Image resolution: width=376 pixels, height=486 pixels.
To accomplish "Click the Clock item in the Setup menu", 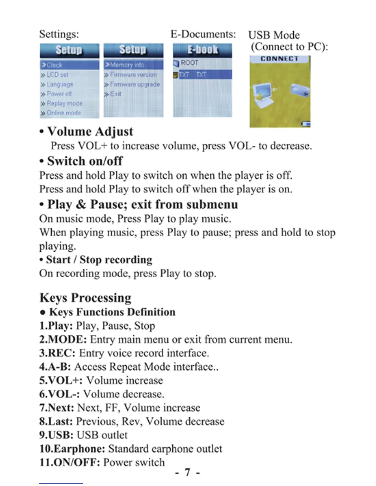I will click(x=54, y=65).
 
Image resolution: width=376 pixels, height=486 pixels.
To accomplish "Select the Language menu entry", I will click(x=60, y=84).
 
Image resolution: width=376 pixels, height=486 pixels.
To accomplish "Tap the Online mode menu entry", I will click(x=63, y=113).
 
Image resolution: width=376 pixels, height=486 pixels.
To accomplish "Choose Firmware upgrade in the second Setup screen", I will click(x=135, y=84).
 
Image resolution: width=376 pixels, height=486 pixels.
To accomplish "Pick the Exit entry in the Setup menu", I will click(x=116, y=94).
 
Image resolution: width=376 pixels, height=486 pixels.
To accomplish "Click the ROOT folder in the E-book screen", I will click(x=189, y=63).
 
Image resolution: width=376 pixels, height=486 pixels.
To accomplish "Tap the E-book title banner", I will click(x=202, y=50).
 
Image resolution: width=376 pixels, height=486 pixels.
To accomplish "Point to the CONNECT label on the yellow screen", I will click(x=279, y=59).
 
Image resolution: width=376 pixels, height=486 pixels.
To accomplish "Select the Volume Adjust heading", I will click(x=90, y=131).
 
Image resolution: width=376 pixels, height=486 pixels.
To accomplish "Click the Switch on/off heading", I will click(x=85, y=161).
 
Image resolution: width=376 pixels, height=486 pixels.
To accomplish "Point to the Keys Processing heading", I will click(x=85, y=297).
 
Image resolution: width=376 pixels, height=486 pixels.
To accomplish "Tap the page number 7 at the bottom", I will click(x=187, y=472).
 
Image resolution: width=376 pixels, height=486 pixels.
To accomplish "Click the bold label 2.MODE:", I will click(x=63, y=339).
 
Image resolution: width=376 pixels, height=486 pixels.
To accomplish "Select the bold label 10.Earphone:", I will click(x=72, y=449).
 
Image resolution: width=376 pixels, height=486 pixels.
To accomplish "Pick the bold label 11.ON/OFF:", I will click(x=70, y=462).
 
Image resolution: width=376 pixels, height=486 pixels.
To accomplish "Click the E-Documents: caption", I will click(x=203, y=34).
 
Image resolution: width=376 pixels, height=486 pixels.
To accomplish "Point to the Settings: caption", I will click(x=59, y=34).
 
